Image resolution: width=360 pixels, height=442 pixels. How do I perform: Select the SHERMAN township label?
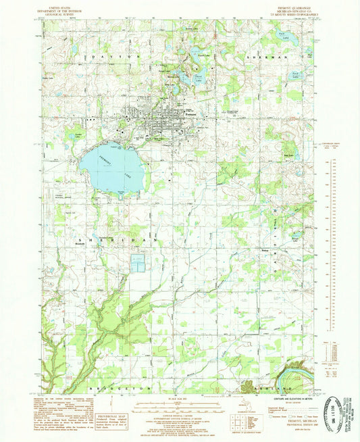263,58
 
